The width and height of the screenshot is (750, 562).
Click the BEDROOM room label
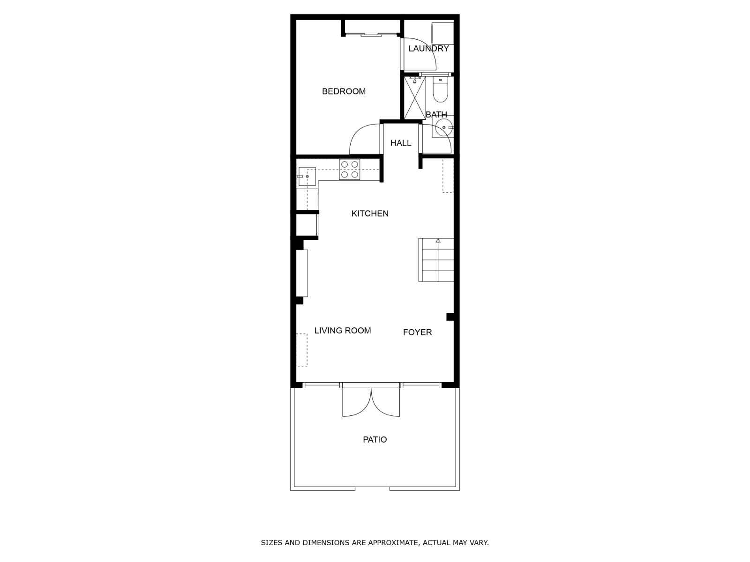pyautogui.click(x=344, y=91)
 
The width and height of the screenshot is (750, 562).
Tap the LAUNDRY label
pyautogui.click(x=428, y=48)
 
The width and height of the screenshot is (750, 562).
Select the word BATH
pyautogui.click(x=436, y=114)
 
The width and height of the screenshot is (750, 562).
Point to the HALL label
pyautogui.click(x=401, y=143)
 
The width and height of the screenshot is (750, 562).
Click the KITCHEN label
pyautogui.click(x=370, y=214)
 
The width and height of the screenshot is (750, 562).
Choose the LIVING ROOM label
pyautogui.click(x=342, y=331)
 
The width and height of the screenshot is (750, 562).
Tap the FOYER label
pyautogui.click(x=417, y=333)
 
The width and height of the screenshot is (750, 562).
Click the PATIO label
pyautogui.click(x=375, y=439)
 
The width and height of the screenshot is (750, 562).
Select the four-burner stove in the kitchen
pyautogui.click(x=350, y=170)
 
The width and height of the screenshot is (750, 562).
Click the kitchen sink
pyautogui.click(x=307, y=177)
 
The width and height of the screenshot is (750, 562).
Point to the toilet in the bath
pyautogui.click(x=440, y=89)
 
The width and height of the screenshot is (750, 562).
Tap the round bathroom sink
pyautogui.click(x=444, y=127)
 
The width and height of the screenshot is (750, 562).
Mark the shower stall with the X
pyautogui.click(x=414, y=98)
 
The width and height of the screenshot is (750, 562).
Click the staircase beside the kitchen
pyautogui.click(x=436, y=260)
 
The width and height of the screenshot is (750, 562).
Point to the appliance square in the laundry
pyautogui.click(x=443, y=33)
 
